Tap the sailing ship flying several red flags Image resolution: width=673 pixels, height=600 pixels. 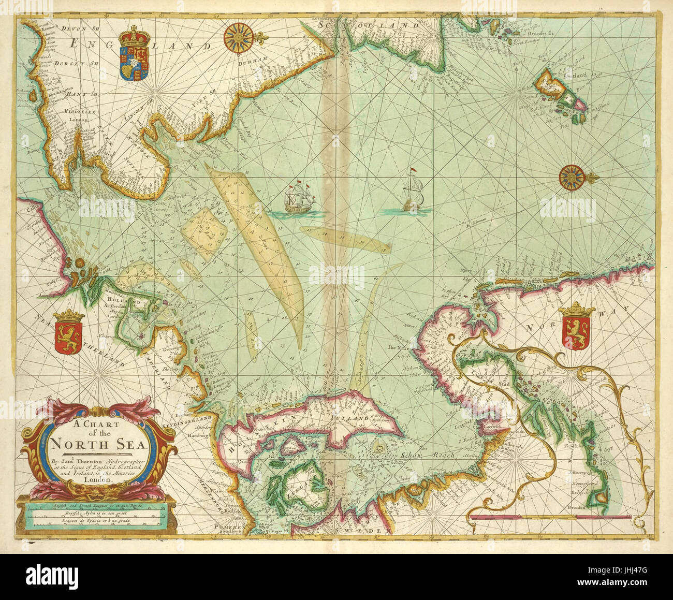tap(300, 197)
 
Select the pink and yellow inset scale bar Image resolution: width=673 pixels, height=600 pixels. tap(549, 517)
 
